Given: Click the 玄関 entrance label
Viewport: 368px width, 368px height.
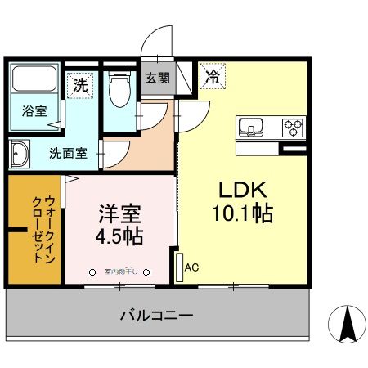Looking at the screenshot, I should click(158, 79).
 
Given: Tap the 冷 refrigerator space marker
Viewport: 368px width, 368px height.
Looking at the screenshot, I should click(212, 77).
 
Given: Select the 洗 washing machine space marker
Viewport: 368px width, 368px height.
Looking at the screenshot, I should click(79, 84).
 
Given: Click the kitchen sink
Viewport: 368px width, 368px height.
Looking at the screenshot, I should click(251, 127).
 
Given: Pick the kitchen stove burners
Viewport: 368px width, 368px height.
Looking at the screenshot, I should click(292, 127).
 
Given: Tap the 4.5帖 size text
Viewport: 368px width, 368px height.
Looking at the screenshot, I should click(119, 238).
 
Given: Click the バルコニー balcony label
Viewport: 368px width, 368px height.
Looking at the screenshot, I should click(156, 315).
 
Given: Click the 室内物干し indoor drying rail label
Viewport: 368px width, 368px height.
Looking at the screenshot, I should click(120, 272).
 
